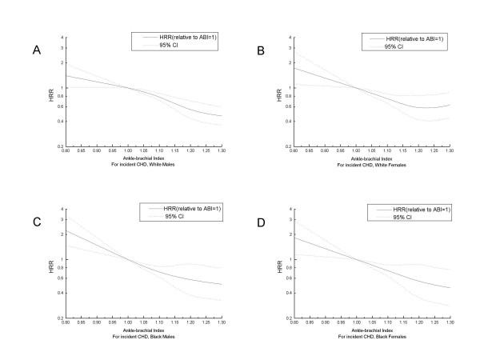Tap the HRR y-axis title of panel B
(x=272, y=87)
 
